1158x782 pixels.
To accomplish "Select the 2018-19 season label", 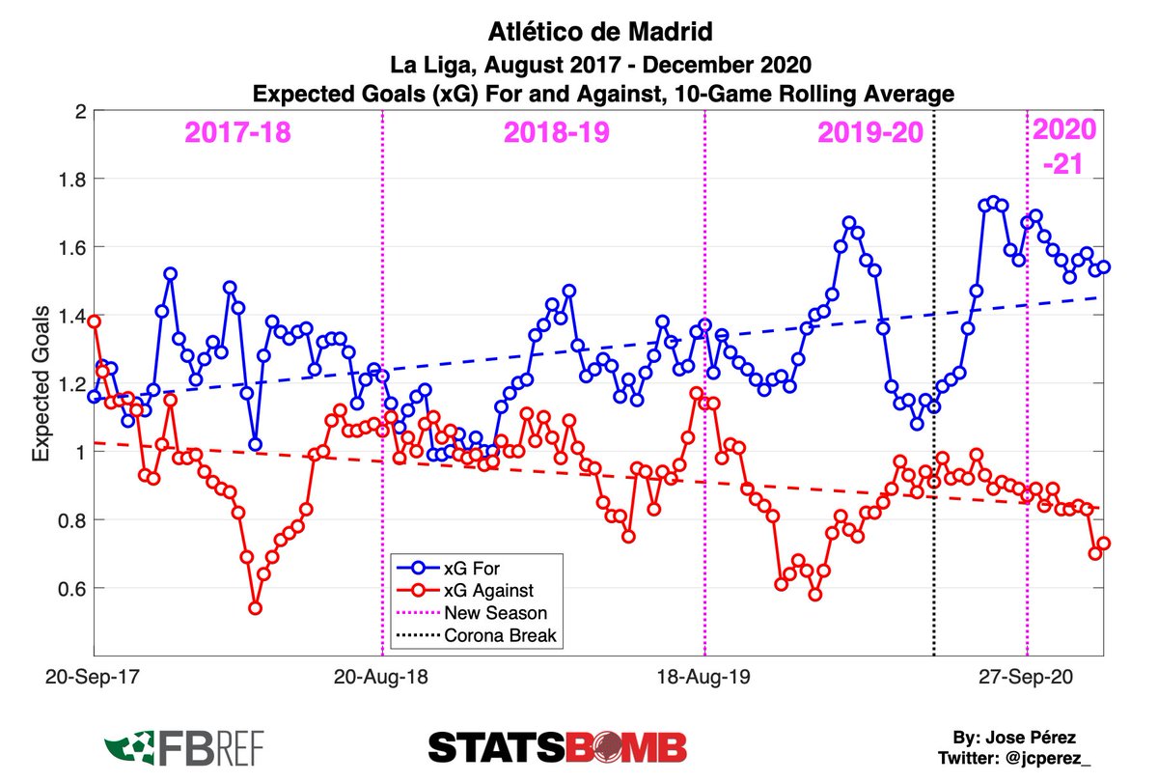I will tap(556, 133).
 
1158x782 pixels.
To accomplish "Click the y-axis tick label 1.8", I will tap(72, 180).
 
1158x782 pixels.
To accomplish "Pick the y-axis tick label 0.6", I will tap(72, 589).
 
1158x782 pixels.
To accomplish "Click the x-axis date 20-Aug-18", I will tap(383, 678).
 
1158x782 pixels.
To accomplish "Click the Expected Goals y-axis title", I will tap(43, 384).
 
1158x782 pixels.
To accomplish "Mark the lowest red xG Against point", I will tap(256, 607).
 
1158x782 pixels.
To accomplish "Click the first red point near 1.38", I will tap(94, 321).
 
